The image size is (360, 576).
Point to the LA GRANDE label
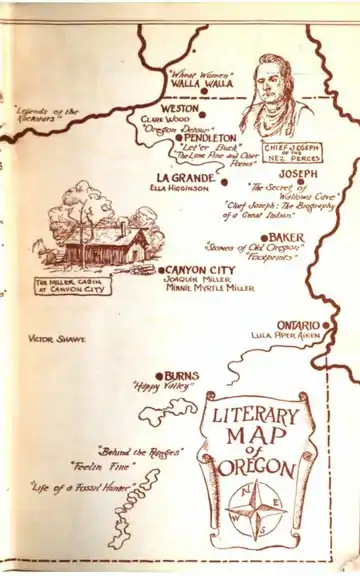(x=181, y=176)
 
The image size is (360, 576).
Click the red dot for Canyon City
(x=160, y=270)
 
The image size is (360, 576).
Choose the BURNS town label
(x=181, y=375)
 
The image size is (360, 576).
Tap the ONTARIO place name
(x=297, y=326)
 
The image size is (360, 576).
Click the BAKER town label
(x=286, y=238)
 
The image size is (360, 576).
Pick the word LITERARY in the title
(x=256, y=415)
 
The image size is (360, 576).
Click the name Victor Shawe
(x=57, y=339)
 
